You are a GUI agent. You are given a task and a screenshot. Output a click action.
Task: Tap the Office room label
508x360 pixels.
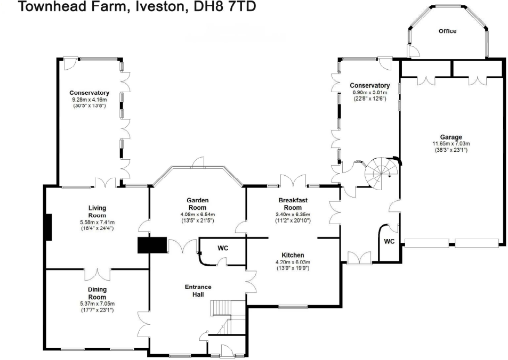click(447, 31)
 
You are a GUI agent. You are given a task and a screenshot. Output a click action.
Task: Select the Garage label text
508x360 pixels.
click(450, 137)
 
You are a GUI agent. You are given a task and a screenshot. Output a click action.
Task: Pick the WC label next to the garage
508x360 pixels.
click(389, 242)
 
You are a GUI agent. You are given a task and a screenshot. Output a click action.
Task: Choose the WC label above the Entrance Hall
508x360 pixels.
click(223, 248)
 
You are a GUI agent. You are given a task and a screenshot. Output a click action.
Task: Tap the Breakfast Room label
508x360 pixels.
click(293, 203)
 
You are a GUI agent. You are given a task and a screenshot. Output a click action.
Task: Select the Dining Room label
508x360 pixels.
click(97, 293)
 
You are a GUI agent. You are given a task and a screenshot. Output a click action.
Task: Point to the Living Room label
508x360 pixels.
click(97, 211)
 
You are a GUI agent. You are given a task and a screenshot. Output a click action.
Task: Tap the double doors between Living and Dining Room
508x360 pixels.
click(97, 274)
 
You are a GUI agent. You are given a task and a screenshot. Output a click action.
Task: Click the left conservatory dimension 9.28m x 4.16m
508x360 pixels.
click(89, 100)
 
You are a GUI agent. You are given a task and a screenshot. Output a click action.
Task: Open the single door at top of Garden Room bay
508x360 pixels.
click(198, 161)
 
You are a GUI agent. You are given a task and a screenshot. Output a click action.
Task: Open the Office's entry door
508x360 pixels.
click(413, 52)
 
